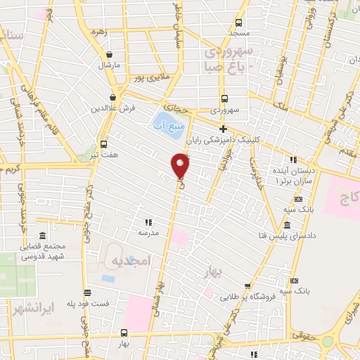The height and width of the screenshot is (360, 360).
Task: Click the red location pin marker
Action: point(181,165)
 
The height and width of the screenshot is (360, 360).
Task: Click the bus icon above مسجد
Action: point(238,22)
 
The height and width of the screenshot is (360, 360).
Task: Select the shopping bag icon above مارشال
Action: point(108,55)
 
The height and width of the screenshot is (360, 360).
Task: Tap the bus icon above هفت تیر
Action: point(103,139)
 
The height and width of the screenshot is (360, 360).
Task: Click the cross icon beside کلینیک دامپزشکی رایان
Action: point(223,129)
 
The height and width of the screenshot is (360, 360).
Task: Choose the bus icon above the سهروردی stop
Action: point(224,99)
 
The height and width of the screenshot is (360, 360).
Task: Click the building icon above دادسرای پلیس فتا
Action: point(286,226)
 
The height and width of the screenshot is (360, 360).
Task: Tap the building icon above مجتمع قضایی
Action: point(44,236)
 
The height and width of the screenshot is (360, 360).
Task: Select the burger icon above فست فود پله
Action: point(87,291)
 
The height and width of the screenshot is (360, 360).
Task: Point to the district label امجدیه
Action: point(130,261)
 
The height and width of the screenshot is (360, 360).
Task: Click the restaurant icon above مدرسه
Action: point(148,221)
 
